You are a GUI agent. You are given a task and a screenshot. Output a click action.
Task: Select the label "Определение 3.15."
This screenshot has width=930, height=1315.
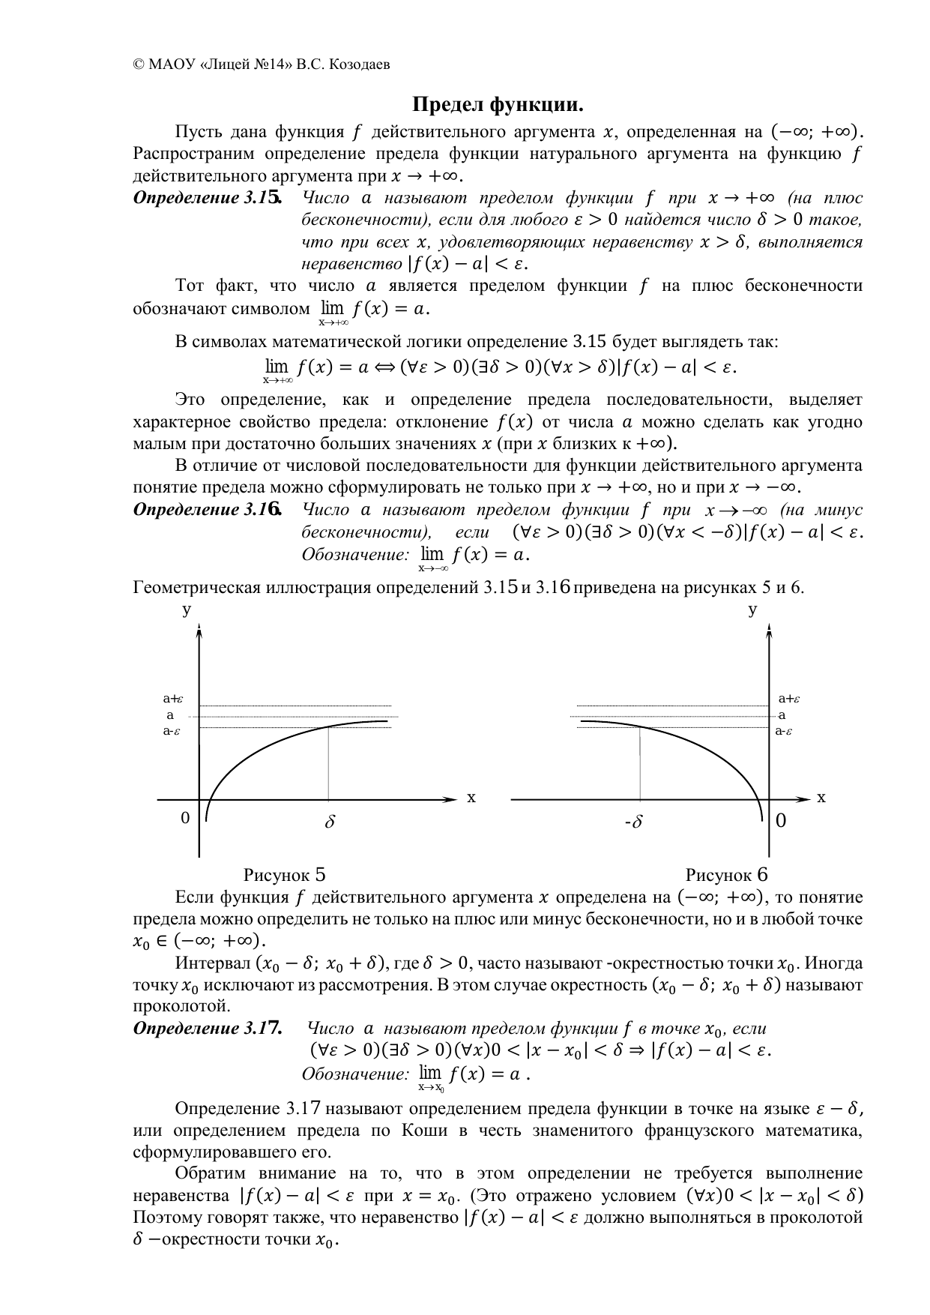[x=208, y=199]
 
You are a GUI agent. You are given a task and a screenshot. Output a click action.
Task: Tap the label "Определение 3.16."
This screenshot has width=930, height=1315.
[x=208, y=511]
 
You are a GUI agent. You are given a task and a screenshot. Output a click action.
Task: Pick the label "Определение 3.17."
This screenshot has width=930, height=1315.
[x=208, y=1029]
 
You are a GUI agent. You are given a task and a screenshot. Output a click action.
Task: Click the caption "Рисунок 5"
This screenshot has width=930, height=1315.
[x=284, y=875]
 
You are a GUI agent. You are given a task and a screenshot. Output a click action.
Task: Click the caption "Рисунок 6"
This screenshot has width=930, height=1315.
[x=726, y=875]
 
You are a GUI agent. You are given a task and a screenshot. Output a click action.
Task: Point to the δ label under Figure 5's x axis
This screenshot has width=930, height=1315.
[x=329, y=822]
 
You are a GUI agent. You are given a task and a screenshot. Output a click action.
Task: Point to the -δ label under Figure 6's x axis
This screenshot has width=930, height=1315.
[x=634, y=822]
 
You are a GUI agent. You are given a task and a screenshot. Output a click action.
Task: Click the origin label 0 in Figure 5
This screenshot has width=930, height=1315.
[x=185, y=818]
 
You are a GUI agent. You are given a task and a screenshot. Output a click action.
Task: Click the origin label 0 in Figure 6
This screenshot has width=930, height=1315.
[x=780, y=821]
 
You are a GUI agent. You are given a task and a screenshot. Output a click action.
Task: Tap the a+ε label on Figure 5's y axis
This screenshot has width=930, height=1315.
[x=173, y=699]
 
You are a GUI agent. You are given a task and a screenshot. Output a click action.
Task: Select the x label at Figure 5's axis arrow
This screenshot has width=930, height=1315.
[x=471, y=798]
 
